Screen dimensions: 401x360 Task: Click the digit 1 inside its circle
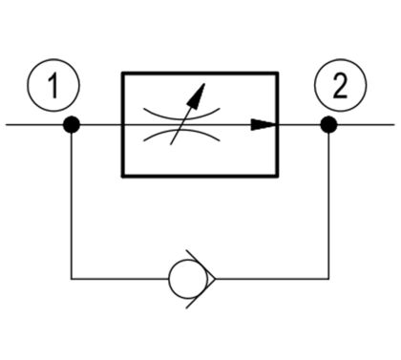53,86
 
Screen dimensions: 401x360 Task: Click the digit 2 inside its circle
340,86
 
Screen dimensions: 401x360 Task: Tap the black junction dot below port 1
72,124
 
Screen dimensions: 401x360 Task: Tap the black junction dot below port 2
328,124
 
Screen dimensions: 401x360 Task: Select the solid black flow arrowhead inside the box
263,124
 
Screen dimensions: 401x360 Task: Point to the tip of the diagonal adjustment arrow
204,84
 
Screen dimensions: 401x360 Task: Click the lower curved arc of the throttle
181,132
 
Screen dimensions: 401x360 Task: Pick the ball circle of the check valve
188,279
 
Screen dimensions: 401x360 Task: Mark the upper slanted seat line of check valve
201,265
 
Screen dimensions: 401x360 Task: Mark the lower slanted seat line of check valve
201,293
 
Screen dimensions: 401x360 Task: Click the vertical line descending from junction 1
72,205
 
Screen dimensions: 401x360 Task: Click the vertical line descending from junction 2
328,205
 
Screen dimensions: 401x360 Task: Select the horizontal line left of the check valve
119,279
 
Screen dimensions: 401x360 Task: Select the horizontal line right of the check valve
272,279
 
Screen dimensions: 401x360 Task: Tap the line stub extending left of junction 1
34,124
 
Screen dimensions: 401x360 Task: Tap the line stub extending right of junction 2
366,124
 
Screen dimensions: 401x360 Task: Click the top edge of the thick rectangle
200,74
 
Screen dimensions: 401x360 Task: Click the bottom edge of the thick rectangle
200,176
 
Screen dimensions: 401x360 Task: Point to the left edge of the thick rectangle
123,124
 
